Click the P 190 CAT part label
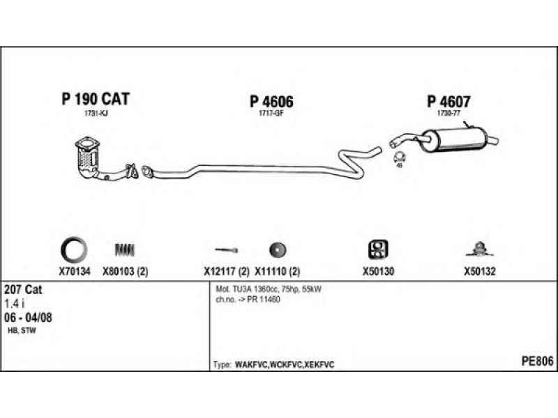coord(96,99)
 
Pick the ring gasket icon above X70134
coord(75,249)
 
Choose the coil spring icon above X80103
coord(126,249)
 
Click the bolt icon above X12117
coord(226,249)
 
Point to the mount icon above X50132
coord(479,248)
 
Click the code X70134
coord(75,272)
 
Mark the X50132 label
coord(479,272)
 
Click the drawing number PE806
coord(537,361)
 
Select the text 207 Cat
coord(20,290)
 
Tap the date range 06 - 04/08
coord(28,318)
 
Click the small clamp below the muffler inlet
coord(400,157)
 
